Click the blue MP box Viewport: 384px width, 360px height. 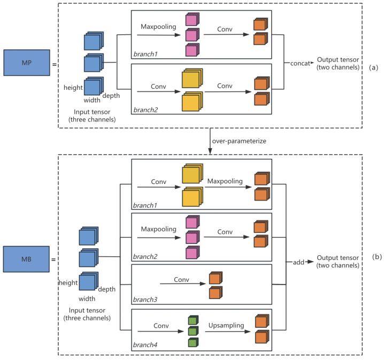click(27, 63)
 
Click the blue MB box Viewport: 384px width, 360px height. click(26, 259)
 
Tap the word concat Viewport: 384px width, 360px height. click(300, 64)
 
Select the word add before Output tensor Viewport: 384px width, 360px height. click(298, 262)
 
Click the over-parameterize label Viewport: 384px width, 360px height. click(239, 141)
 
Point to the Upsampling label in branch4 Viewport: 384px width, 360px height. click(226, 325)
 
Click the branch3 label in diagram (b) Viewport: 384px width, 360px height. click(145, 300)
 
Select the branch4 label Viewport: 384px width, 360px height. click(145, 345)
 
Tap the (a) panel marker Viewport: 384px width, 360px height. click(373, 67)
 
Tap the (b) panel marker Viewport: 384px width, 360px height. click(377, 257)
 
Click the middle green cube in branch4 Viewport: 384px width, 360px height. click(193, 331)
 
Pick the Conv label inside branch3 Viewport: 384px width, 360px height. click(181, 279)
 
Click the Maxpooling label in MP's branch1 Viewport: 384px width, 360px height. click(158, 27)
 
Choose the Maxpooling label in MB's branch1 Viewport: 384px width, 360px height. click(225, 181)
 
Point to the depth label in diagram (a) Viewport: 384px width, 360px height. click(111, 96)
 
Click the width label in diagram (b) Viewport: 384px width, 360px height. click(87, 298)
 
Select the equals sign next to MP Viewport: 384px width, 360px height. click(55, 65)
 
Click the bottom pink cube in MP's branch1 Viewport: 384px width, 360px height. click(192, 50)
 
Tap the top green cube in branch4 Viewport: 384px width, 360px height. click(193, 320)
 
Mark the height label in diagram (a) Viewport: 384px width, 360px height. click(73, 88)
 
